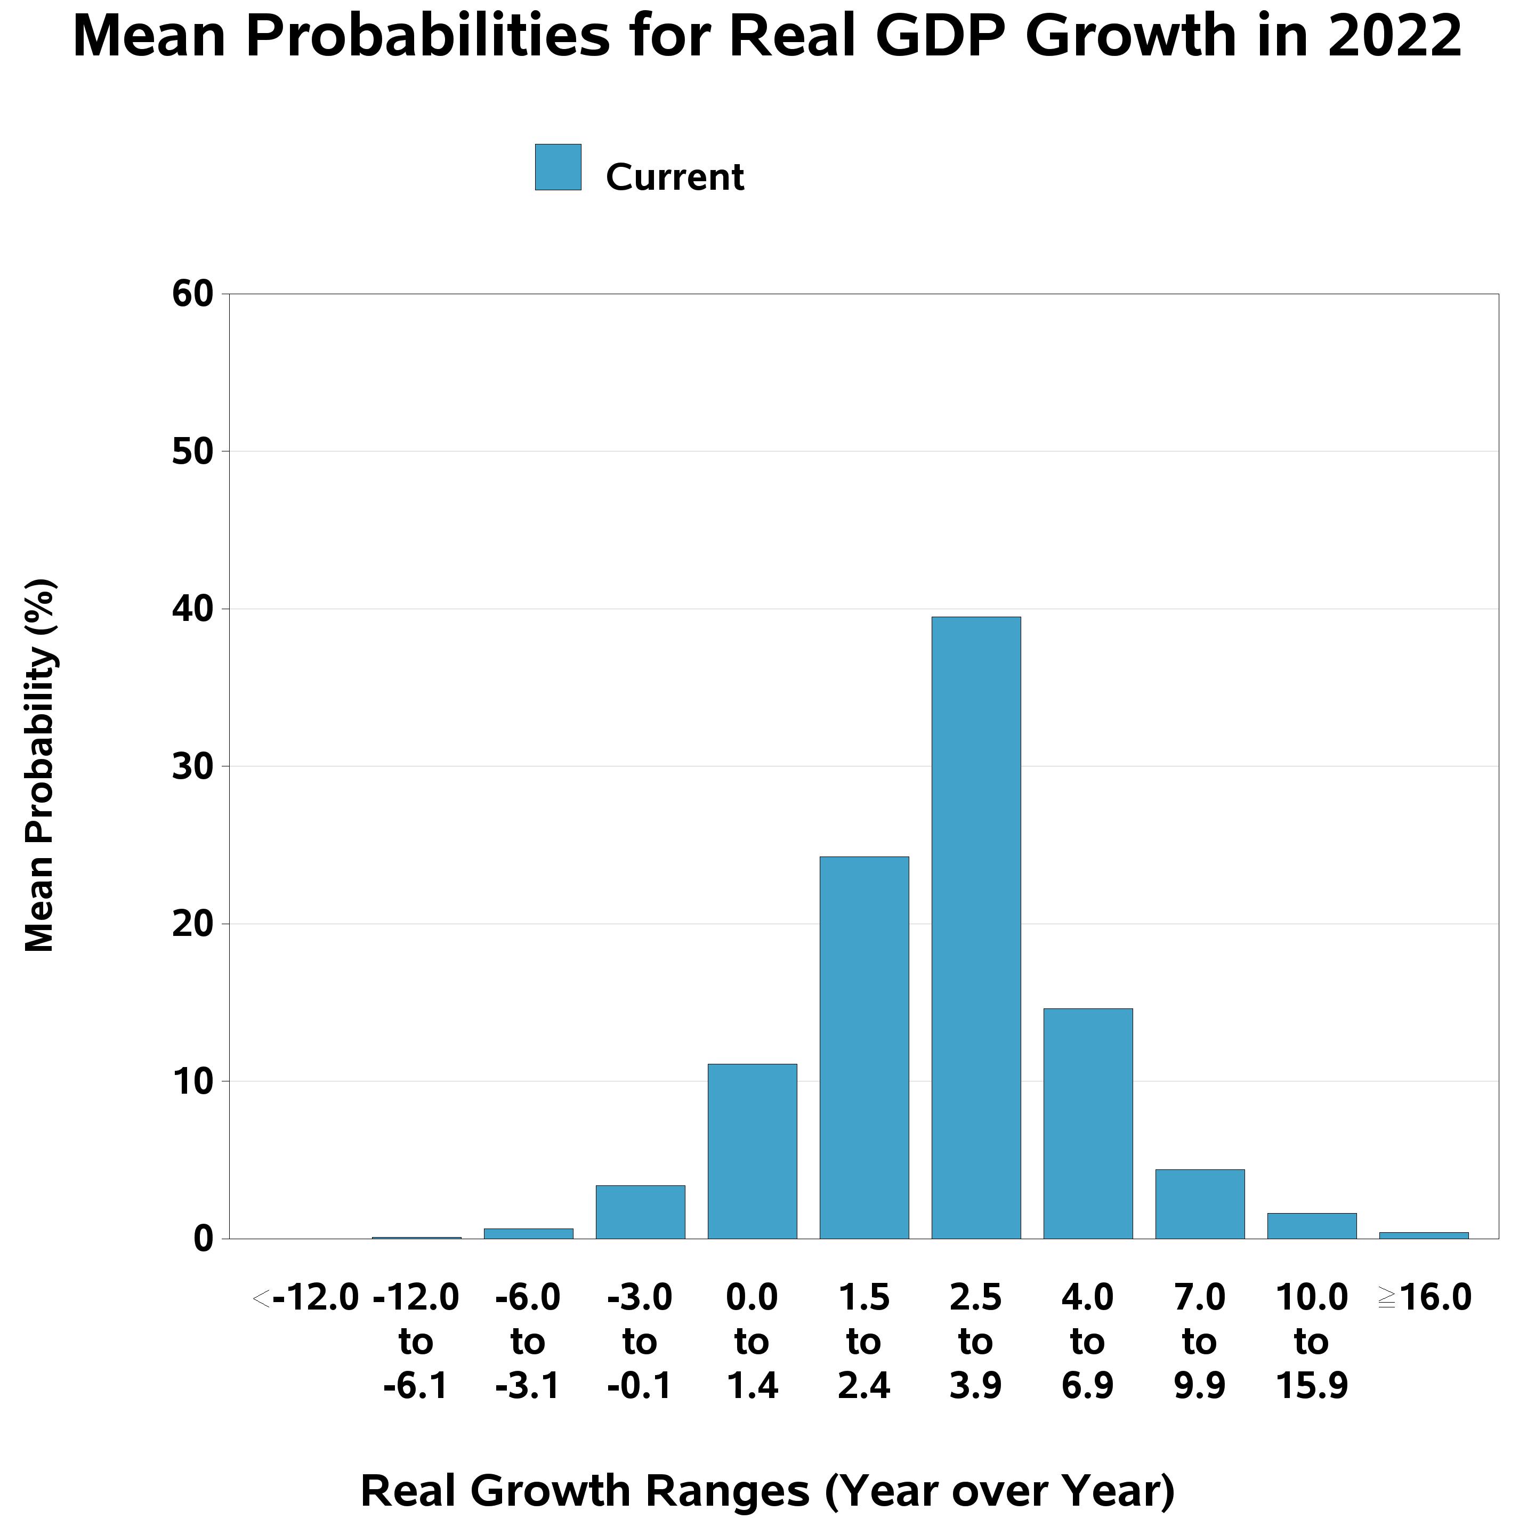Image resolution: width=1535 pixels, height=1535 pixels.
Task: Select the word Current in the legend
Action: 675,176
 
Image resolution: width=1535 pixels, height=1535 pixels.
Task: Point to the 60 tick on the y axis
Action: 193,294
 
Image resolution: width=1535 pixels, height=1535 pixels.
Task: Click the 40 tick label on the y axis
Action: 193,609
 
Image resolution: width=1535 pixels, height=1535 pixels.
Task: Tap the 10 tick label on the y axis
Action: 193,1081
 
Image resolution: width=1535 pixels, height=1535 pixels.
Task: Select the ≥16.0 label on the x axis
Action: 1425,1298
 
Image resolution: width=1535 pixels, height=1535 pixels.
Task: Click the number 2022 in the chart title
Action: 1394,37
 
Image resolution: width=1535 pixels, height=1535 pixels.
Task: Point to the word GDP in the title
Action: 940,37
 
